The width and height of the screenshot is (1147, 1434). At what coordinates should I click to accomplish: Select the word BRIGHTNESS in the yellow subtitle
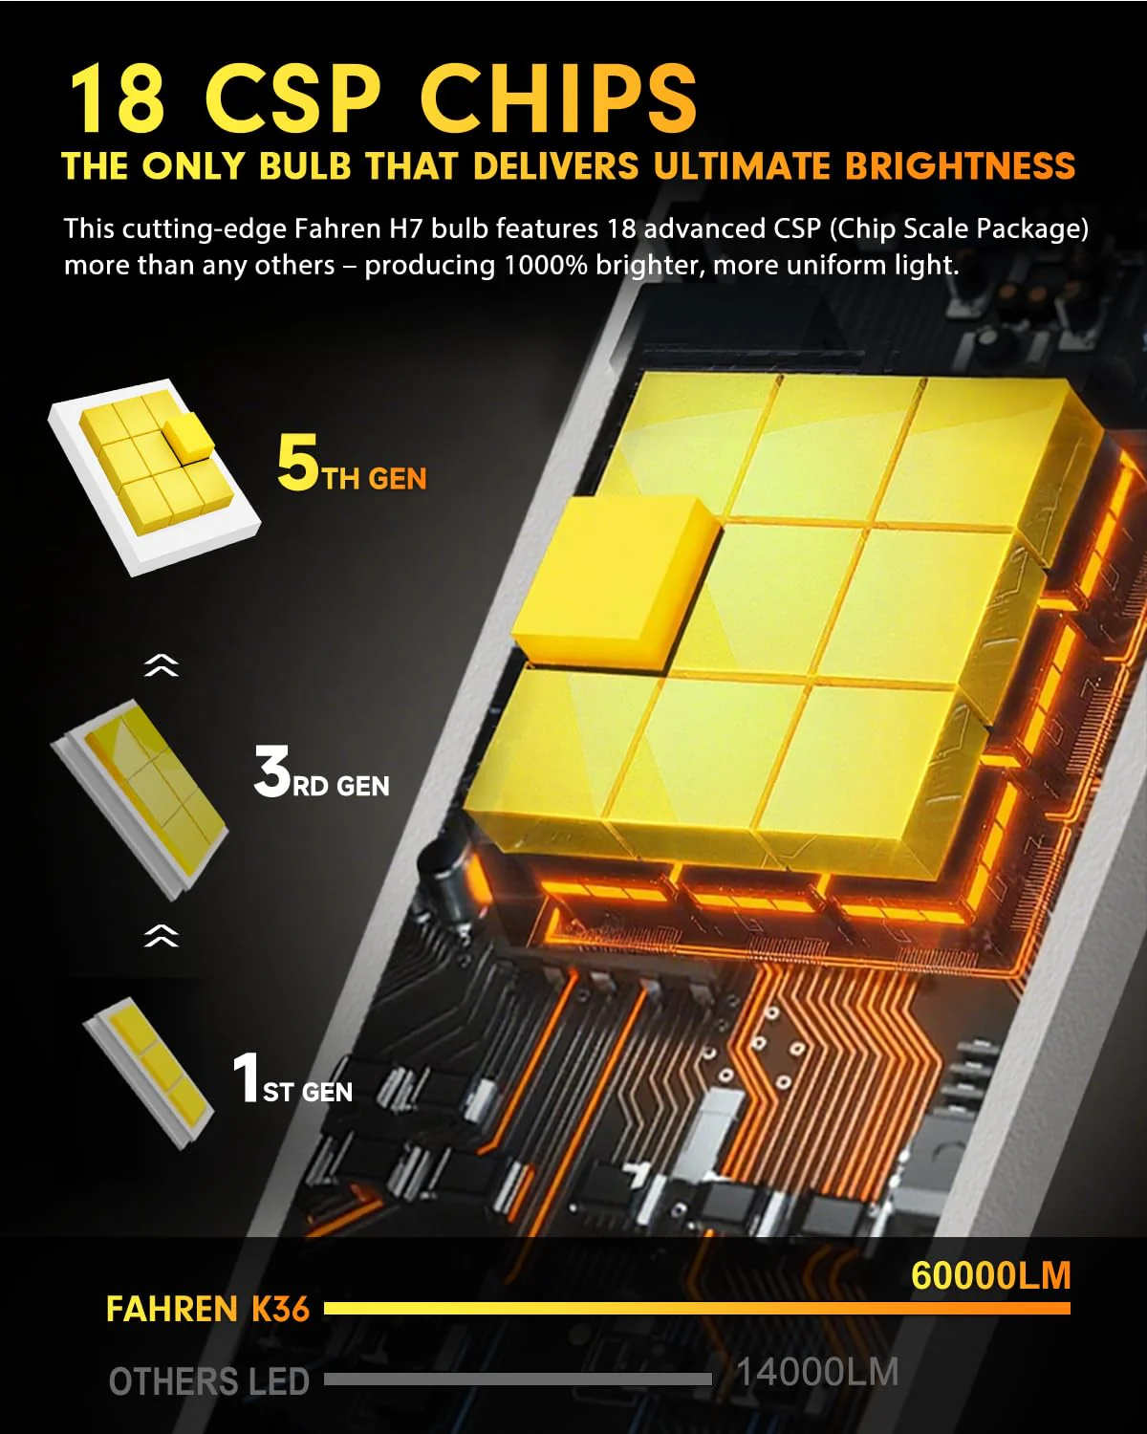pyautogui.click(x=961, y=166)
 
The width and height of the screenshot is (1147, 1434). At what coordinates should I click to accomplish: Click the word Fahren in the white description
pyautogui.click(x=338, y=228)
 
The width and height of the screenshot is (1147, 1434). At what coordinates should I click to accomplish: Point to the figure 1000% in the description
pyautogui.click(x=545, y=265)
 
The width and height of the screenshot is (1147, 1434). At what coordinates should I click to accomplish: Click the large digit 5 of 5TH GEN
pyautogui.click(x=298, y=462)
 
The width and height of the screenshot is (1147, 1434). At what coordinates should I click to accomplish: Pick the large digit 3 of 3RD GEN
pyautogui.click(x=271, y=771)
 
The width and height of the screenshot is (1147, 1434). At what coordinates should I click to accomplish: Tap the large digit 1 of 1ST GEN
pyautogui.click(x=247, y=1077)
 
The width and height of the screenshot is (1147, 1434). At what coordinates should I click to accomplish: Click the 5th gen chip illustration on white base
pyautogui.click(x=155, y=476)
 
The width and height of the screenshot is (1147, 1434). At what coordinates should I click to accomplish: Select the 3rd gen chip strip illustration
pyautogui.click(x=140, y=799)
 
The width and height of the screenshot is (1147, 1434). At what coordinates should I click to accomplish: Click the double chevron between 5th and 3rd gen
pyautogui.click(x=162, y=665)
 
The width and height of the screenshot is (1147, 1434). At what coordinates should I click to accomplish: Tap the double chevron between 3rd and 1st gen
pyautogui.click(x=162, y=936)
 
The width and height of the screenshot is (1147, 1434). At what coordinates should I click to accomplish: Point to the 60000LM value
pyautogui.click(x=990, y=1276)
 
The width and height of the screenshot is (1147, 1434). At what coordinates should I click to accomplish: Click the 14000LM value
pyautogui.click(x=818, y=1373)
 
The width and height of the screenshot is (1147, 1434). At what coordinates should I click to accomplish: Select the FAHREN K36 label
pyautogui.click(x=208, y=1309)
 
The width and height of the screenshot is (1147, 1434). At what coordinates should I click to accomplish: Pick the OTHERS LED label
pyautogui.click(x=209, y=1381)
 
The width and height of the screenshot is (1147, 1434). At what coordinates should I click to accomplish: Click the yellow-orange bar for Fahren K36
pyautogui.click(x=697, y=1308)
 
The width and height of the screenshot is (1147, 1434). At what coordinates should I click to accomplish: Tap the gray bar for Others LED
pyautogui.click(x=518, y=1379)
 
